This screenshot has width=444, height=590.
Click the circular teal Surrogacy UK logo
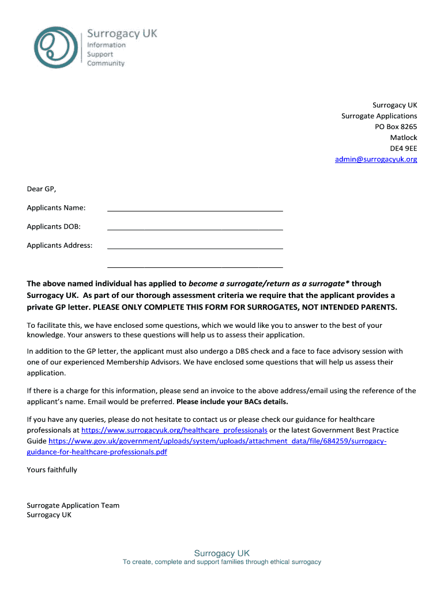57,47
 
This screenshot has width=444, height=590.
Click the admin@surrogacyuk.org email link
375,159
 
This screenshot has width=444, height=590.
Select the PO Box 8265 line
396,127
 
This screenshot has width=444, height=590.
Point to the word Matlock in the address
403,138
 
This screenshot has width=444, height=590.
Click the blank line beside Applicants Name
195,208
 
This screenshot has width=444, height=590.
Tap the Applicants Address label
59,245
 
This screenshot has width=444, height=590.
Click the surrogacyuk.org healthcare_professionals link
174,430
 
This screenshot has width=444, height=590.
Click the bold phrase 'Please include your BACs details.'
232,402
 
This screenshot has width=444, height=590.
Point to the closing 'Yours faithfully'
52,470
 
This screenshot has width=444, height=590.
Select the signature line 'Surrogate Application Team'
73,505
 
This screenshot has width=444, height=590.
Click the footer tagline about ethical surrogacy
221,562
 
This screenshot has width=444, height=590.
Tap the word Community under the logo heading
106,63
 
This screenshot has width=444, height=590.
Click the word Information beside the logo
106,45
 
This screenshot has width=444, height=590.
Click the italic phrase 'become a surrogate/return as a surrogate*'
269,283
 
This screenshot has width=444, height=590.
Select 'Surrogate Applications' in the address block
379,116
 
